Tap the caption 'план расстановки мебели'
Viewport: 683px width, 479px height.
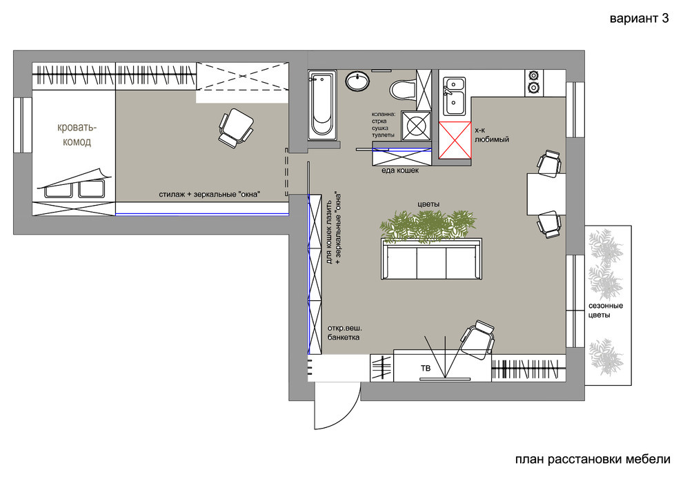(593, 460)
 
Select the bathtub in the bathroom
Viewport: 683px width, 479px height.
(322, 105)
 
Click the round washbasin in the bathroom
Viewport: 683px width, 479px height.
(357, 81)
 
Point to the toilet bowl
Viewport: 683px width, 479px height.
(403, 89)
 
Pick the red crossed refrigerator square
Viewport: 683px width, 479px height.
(455, 140)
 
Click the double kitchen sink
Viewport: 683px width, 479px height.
(455, 96)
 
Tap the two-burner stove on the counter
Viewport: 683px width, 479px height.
(533, 82)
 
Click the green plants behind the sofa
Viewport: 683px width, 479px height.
(428, 225)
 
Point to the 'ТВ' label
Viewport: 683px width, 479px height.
(426, 369)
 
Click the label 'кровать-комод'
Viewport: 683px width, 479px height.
(77, 135)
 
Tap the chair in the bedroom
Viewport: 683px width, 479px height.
(236, 128)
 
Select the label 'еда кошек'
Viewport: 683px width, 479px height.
(400, 170)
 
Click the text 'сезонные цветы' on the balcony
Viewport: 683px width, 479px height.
(606, 311)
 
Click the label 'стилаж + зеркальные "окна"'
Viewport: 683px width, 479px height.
(209, 195)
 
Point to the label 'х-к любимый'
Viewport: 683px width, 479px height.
(492, 135)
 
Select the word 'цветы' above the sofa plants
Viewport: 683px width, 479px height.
(428, 204)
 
